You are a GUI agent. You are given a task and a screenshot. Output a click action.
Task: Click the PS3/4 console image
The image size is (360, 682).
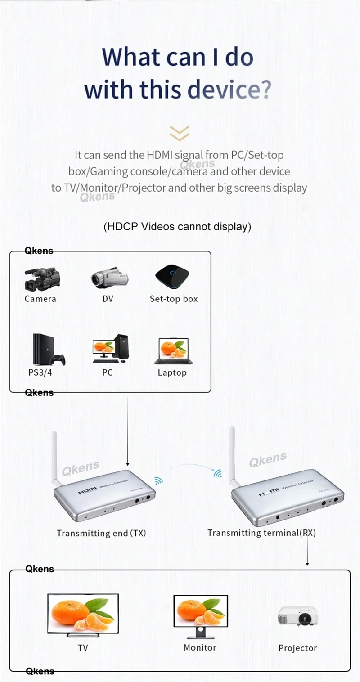48,350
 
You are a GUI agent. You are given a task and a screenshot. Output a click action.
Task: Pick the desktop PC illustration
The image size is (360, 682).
109,349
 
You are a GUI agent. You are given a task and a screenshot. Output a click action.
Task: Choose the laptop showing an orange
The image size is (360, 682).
174,351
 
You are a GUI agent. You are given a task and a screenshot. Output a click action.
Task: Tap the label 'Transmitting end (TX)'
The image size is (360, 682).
101,533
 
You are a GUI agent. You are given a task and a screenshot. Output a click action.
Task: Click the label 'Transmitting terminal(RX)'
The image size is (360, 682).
261,533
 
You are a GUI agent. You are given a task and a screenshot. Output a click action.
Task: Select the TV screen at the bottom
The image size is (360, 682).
83,614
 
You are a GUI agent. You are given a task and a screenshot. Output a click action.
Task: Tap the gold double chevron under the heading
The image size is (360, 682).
179,134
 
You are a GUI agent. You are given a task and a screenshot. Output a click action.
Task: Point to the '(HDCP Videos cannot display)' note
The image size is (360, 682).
177,226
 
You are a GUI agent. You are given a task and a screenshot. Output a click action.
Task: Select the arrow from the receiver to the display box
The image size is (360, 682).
307,549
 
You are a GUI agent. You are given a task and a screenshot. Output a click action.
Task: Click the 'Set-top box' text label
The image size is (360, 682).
174,299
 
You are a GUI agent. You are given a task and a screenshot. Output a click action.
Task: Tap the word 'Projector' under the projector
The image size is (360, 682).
297,648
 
